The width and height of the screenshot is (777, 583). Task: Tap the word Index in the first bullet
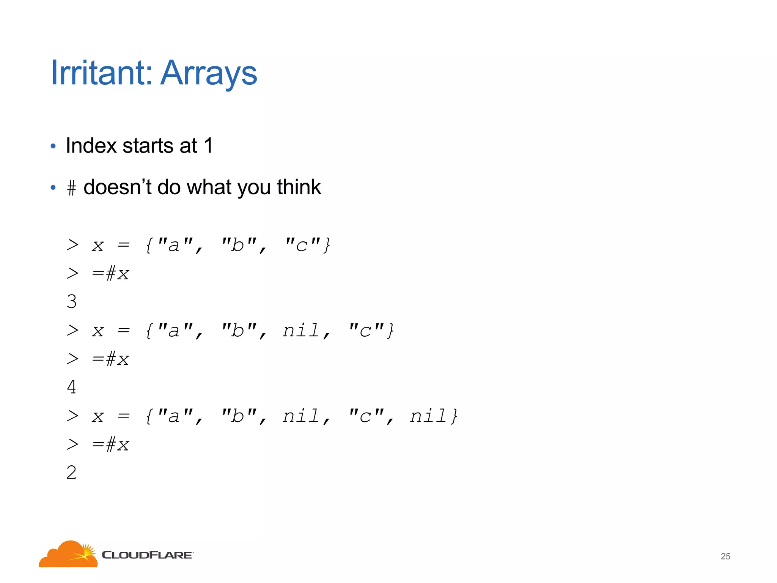[x=91, y=145]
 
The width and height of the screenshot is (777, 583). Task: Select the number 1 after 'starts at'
[x=208, y=145]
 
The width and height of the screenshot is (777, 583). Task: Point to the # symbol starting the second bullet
[x=71, y=188]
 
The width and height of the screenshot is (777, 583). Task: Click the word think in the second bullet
[x=299, y=187]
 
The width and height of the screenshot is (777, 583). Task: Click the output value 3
[x=72, y=302]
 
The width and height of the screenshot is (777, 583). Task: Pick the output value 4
[x=72, y=387]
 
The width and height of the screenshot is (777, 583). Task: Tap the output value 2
[x=72, y=473]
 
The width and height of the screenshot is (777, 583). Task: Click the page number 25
[x=725, y=556]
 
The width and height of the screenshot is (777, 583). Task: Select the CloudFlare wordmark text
[x=147, y=555]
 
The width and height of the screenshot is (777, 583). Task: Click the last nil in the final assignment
[x=429, y=416]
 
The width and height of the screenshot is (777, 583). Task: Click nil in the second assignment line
[x=301, y=330]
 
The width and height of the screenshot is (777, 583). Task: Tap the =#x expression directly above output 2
[x=110, y=444]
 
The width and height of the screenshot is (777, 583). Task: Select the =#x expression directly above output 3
[x=110, y=274]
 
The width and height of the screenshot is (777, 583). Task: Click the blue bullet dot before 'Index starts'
[x=53, y=146]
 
